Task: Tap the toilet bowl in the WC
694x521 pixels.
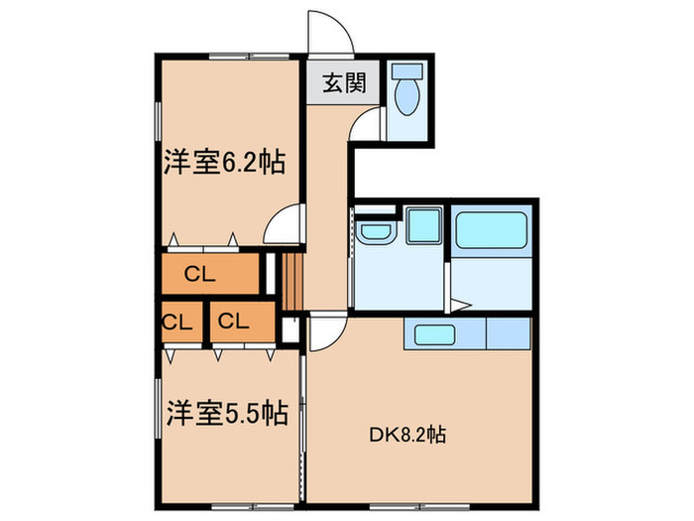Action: point(407,94)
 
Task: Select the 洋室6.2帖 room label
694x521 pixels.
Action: point(225,162)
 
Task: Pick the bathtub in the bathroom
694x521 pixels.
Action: point(492,233)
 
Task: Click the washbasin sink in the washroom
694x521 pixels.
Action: point(376,232)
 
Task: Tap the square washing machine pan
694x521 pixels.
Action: point(424,226)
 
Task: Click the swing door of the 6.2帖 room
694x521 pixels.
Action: point(286,222)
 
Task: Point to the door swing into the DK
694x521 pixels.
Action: point(327,333)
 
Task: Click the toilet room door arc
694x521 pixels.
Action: point(367,124)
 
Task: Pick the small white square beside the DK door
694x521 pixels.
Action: point(289,329)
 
